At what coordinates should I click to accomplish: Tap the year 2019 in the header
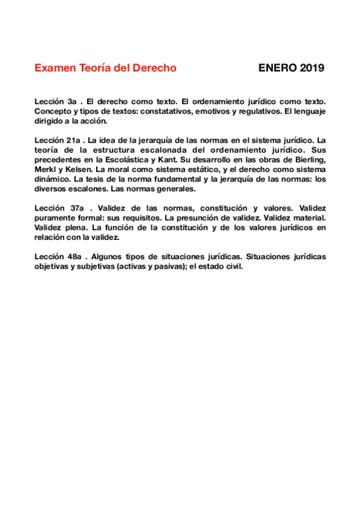pos(310,68)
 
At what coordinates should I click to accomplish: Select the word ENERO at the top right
pos(276,68)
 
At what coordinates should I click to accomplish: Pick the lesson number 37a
pos(75,209)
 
